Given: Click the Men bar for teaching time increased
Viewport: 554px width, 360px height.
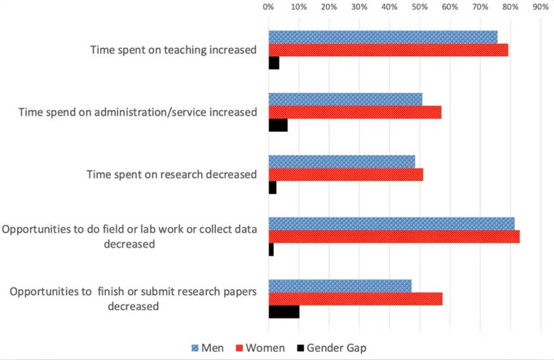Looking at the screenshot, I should coord(383,37).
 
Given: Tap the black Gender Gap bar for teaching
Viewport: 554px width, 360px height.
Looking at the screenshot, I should coord(274,63).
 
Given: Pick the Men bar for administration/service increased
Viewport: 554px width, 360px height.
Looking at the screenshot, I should coord(345,99).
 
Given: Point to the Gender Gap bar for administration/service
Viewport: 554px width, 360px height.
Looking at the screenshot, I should coord(278,125).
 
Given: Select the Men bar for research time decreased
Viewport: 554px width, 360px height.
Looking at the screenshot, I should coord(341,161).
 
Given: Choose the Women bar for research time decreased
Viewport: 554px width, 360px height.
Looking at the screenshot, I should coord(345,174).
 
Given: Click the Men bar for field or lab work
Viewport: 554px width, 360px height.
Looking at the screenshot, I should coord(391,224).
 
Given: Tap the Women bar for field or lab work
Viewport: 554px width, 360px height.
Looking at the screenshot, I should coord(394,237).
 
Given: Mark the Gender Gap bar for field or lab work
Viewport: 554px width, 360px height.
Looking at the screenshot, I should coord(271,250).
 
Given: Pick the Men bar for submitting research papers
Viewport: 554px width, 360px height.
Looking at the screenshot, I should coord(340,286).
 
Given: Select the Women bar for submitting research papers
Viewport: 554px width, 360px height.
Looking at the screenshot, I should coord(355,299).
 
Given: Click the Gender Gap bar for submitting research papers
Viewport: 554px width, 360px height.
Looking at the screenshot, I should coord(284,312).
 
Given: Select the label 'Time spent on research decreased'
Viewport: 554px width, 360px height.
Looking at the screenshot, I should coord(172,174).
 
